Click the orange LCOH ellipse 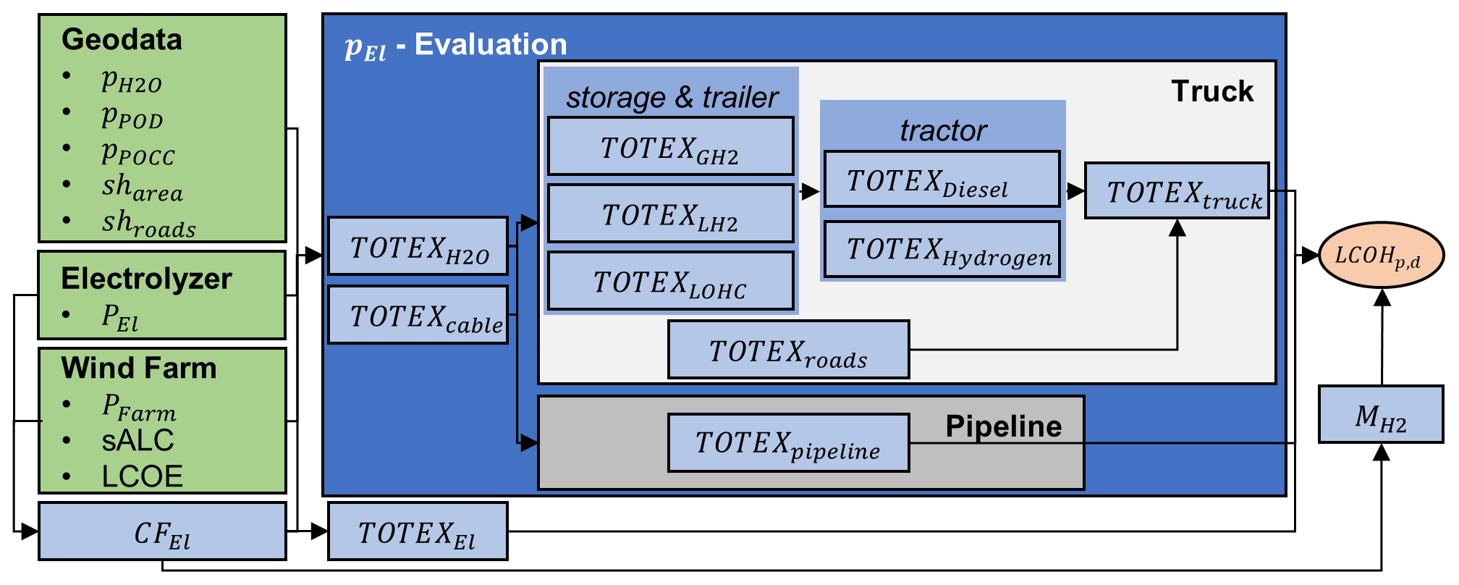pos(1381,256)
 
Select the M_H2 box pos(1380,415)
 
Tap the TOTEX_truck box pos(1177,190)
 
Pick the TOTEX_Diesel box pos(942,180)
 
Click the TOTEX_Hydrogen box pos(942,250)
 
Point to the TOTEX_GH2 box pos(670,146)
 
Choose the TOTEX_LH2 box pos(670,214)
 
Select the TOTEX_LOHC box pos(670,281)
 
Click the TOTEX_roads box pos(788,350)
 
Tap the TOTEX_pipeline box pos(788,443)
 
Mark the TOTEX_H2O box pos(418,246)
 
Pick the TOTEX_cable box pos(418,315)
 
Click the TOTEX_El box pos(418,531)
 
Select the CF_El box pos(162,531)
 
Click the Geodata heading pos(122,39)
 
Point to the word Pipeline pos(1003,426)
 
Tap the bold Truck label pos(1211,91)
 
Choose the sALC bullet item pos(138,440)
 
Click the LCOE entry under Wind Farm pos(142,476)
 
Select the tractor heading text pos(943,130)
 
